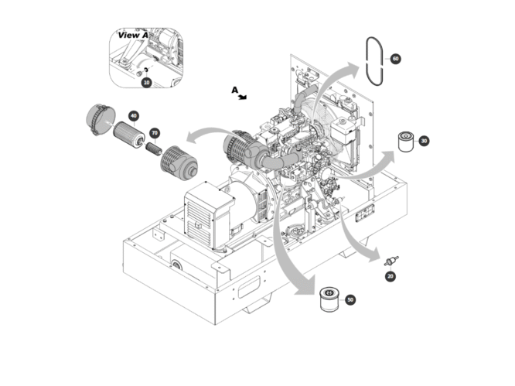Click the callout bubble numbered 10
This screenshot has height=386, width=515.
click(146, 82)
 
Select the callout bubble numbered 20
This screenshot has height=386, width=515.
click(391, 276)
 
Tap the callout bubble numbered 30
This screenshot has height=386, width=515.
click(424, 141)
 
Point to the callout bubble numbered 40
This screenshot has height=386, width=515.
click(133, 116)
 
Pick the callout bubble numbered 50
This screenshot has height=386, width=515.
click(350, 299)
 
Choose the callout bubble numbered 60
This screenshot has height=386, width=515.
click(395, 59)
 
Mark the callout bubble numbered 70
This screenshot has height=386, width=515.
click(155, 133)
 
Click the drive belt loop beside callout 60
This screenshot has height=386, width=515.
click(367, 61)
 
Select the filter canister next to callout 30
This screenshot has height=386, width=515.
click(406, 142)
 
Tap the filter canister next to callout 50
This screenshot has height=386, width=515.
click(329, 299)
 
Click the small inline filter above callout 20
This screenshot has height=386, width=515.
click(391, 261)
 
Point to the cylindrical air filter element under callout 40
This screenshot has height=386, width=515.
click(128, 135)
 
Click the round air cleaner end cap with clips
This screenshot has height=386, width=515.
click(101, 120)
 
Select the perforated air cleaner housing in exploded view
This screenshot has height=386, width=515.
click(179, 163)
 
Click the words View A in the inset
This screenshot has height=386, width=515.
click(133, 35)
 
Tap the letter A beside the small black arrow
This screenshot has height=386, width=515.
click(234, 90)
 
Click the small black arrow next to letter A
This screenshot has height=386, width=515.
click(242, 97)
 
